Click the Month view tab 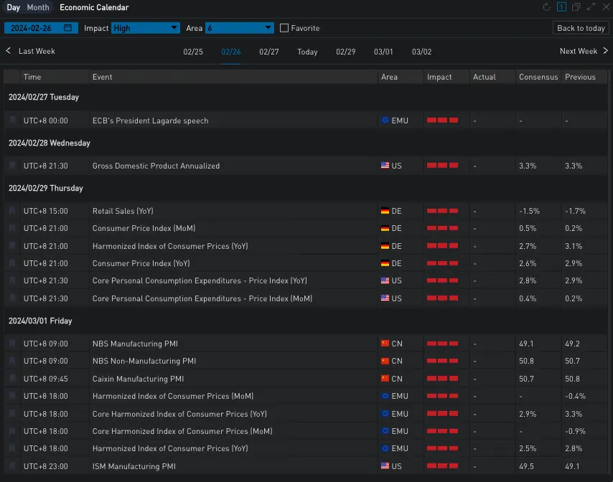tap(38, 8)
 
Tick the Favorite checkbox tap(284, 28)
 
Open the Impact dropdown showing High tap(146, 28)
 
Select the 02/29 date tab tap(345, 52)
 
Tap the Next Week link tap(579, 51)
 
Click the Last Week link tap(37, 51)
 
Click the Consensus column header tap(538, 77)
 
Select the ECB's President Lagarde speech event tap(150, 120)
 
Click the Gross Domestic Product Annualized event tap(156, 166)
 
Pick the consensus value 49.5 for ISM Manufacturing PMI tap(527, 466)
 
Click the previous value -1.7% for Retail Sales tap(574, 212)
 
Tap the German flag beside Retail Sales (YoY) tap(385, 212)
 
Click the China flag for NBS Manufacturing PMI tap(385, 344)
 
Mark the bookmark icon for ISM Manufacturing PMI tap(12, 466)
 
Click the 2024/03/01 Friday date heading tap(40, 321)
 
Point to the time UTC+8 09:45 tap(45, 379)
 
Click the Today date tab tap(307, 52)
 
